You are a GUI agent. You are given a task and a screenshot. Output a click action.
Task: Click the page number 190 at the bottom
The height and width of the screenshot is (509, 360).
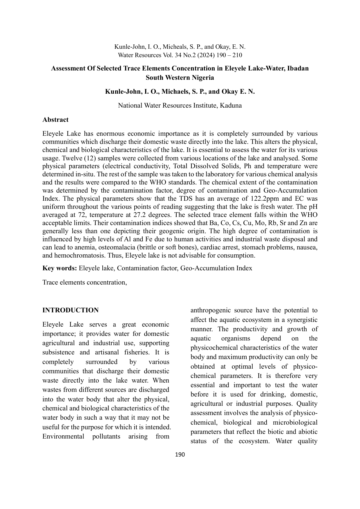click(x=180, y=454)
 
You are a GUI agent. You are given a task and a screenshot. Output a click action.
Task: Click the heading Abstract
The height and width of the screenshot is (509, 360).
click(x=55, y=120)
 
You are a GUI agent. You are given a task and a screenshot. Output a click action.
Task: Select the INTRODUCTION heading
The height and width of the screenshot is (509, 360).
click(x=70, y=310)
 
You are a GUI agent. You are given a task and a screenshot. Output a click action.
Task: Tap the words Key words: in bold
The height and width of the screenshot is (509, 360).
click(x=59, y=268)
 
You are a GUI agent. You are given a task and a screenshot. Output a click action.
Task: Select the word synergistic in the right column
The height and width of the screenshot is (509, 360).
click(x=302, y=320)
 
